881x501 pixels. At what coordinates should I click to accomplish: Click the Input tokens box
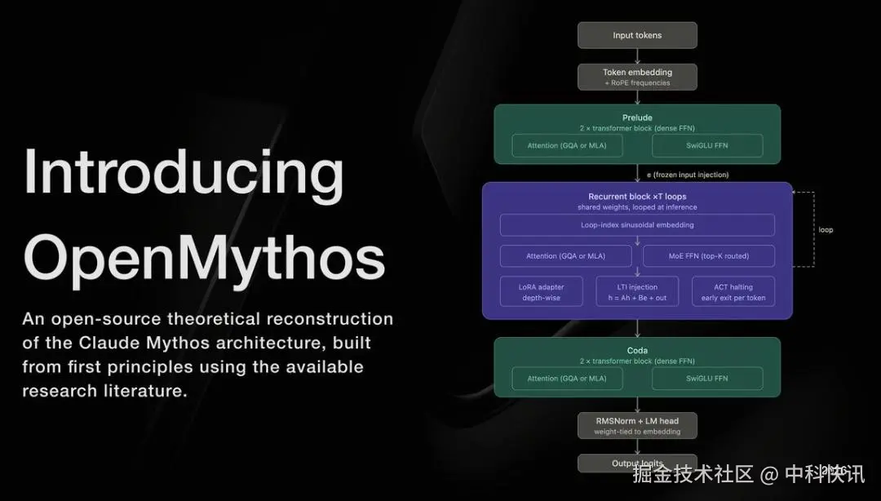click(x=637, y=35)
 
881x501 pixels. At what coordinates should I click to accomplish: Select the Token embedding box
click(x=637, y=77)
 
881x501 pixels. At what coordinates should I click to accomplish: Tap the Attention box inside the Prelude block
click(x=566, y=145)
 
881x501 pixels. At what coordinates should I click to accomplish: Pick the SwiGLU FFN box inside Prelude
click(x=707, y=145)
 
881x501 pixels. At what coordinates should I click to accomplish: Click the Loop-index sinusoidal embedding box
click(x=637, y=224)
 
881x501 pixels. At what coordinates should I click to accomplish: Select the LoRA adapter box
click(x=542, y=291)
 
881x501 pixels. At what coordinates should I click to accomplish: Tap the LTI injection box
click(x=637, y=291)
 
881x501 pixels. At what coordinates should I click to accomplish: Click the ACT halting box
click(x=733, y=291)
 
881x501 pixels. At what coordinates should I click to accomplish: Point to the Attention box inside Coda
click(x=566, y=378)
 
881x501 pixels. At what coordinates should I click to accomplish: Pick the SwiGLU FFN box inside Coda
click(x=707, y=378)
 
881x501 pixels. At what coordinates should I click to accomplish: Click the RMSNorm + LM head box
click(x=637, y=425)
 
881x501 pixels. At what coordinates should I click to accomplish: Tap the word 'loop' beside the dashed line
click(x=826, y=230)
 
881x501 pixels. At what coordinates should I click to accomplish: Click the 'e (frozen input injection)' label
click(x=688, y=175)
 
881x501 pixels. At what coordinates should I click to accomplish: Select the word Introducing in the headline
click(x=184, y=173)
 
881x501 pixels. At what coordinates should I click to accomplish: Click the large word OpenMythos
click(x=204, y=256)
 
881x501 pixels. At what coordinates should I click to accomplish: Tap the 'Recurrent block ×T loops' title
click(x=637, y=197)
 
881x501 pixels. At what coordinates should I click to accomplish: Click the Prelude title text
click(x=637, y=117)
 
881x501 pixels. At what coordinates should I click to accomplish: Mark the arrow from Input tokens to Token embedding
click(x=637, y=55)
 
